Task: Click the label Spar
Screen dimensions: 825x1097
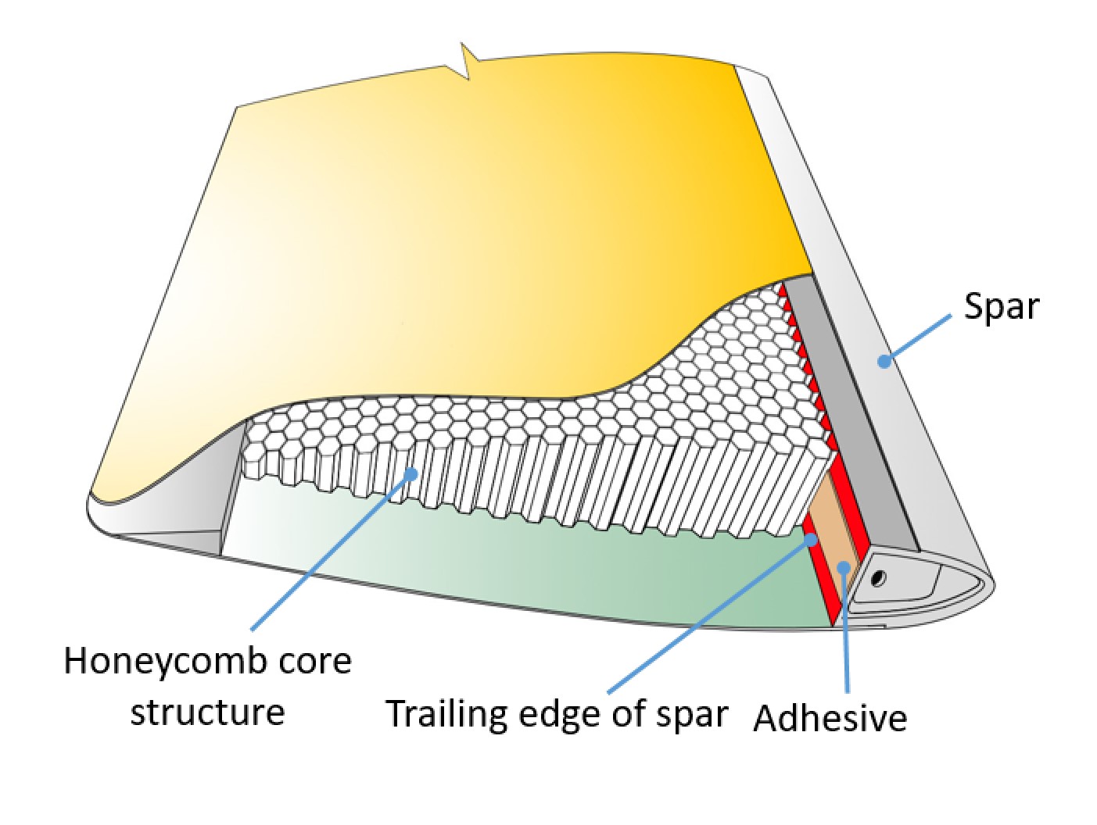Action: pos(1000,307)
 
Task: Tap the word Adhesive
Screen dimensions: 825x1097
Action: pos(830,717)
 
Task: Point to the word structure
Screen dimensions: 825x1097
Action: pos(207,712)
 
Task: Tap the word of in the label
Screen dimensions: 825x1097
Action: pos(629,713)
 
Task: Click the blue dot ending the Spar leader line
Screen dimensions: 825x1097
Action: pos(884,361)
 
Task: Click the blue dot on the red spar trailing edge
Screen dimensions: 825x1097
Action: pos(812,539)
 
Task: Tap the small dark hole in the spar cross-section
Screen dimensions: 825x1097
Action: pos(879,577)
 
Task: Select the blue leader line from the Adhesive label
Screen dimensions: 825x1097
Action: pos(846,633)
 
